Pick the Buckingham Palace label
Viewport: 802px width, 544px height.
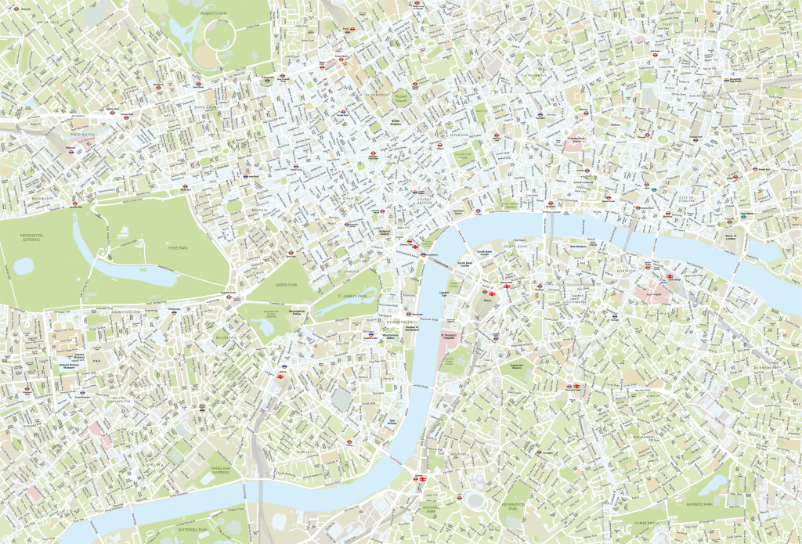pyautogui.click(x=295, y=312)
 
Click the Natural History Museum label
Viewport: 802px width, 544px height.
pyautogui.click(x=72, y=365)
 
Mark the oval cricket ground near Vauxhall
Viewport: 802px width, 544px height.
pyautogui.click(x=474, y=497)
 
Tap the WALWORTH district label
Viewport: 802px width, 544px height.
pyautogui.click(x=642, y=436)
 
